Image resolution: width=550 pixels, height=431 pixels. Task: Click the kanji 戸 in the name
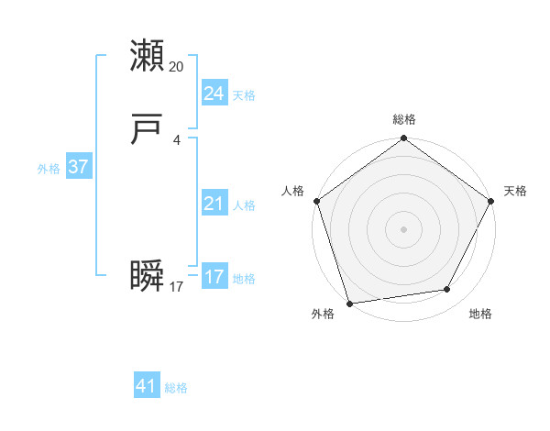[148, 130]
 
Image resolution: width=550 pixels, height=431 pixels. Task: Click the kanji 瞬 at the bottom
[148, 276]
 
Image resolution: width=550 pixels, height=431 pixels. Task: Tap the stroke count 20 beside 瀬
[177, 67]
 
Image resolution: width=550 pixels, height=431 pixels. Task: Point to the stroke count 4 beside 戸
[177, 140]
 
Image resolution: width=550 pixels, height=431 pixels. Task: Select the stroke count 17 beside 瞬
[177, 287]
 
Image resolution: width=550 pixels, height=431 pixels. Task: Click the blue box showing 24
[214, 94]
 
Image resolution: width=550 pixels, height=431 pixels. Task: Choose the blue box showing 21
[214, 204]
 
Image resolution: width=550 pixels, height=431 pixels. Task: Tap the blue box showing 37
[78, 167]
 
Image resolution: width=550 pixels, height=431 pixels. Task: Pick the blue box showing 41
[147, 386]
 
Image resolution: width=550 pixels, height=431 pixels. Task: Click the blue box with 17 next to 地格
[214, 277]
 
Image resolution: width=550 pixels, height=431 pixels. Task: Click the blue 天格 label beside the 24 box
[244, 95]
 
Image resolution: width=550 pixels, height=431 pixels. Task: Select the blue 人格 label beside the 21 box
[244, 205]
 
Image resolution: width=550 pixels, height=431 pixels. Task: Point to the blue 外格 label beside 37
[49, 169]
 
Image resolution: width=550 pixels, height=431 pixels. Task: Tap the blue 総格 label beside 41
[176, 388]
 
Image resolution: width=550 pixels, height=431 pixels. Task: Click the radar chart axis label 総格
[403, 119]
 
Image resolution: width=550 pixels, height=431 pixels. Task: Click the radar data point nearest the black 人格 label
[316, 201]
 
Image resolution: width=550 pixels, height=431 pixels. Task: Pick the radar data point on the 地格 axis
[447, 289]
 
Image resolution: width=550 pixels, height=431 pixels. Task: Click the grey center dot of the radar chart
[403, 229]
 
